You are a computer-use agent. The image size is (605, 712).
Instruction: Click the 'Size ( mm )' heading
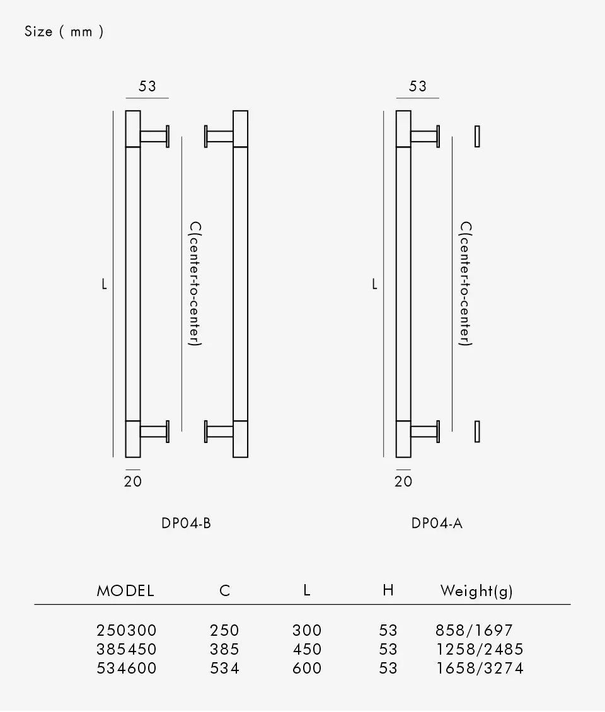[64, 32]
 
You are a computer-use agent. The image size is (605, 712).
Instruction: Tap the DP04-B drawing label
[186, 523]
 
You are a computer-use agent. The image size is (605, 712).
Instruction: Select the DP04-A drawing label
[437, 523]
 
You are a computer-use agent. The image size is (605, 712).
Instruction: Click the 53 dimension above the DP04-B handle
[147, 86]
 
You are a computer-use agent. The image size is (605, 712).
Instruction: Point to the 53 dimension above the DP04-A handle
[417, 86]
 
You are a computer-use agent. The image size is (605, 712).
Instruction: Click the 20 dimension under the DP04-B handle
[132, 481]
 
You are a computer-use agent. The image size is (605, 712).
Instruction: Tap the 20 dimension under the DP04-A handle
[403, 481]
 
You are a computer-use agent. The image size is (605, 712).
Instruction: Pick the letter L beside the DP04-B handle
[104, 284]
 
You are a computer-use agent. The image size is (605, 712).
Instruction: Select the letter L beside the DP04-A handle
[374, 284]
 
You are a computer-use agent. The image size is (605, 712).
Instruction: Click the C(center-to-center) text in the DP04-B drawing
[195, 284]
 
